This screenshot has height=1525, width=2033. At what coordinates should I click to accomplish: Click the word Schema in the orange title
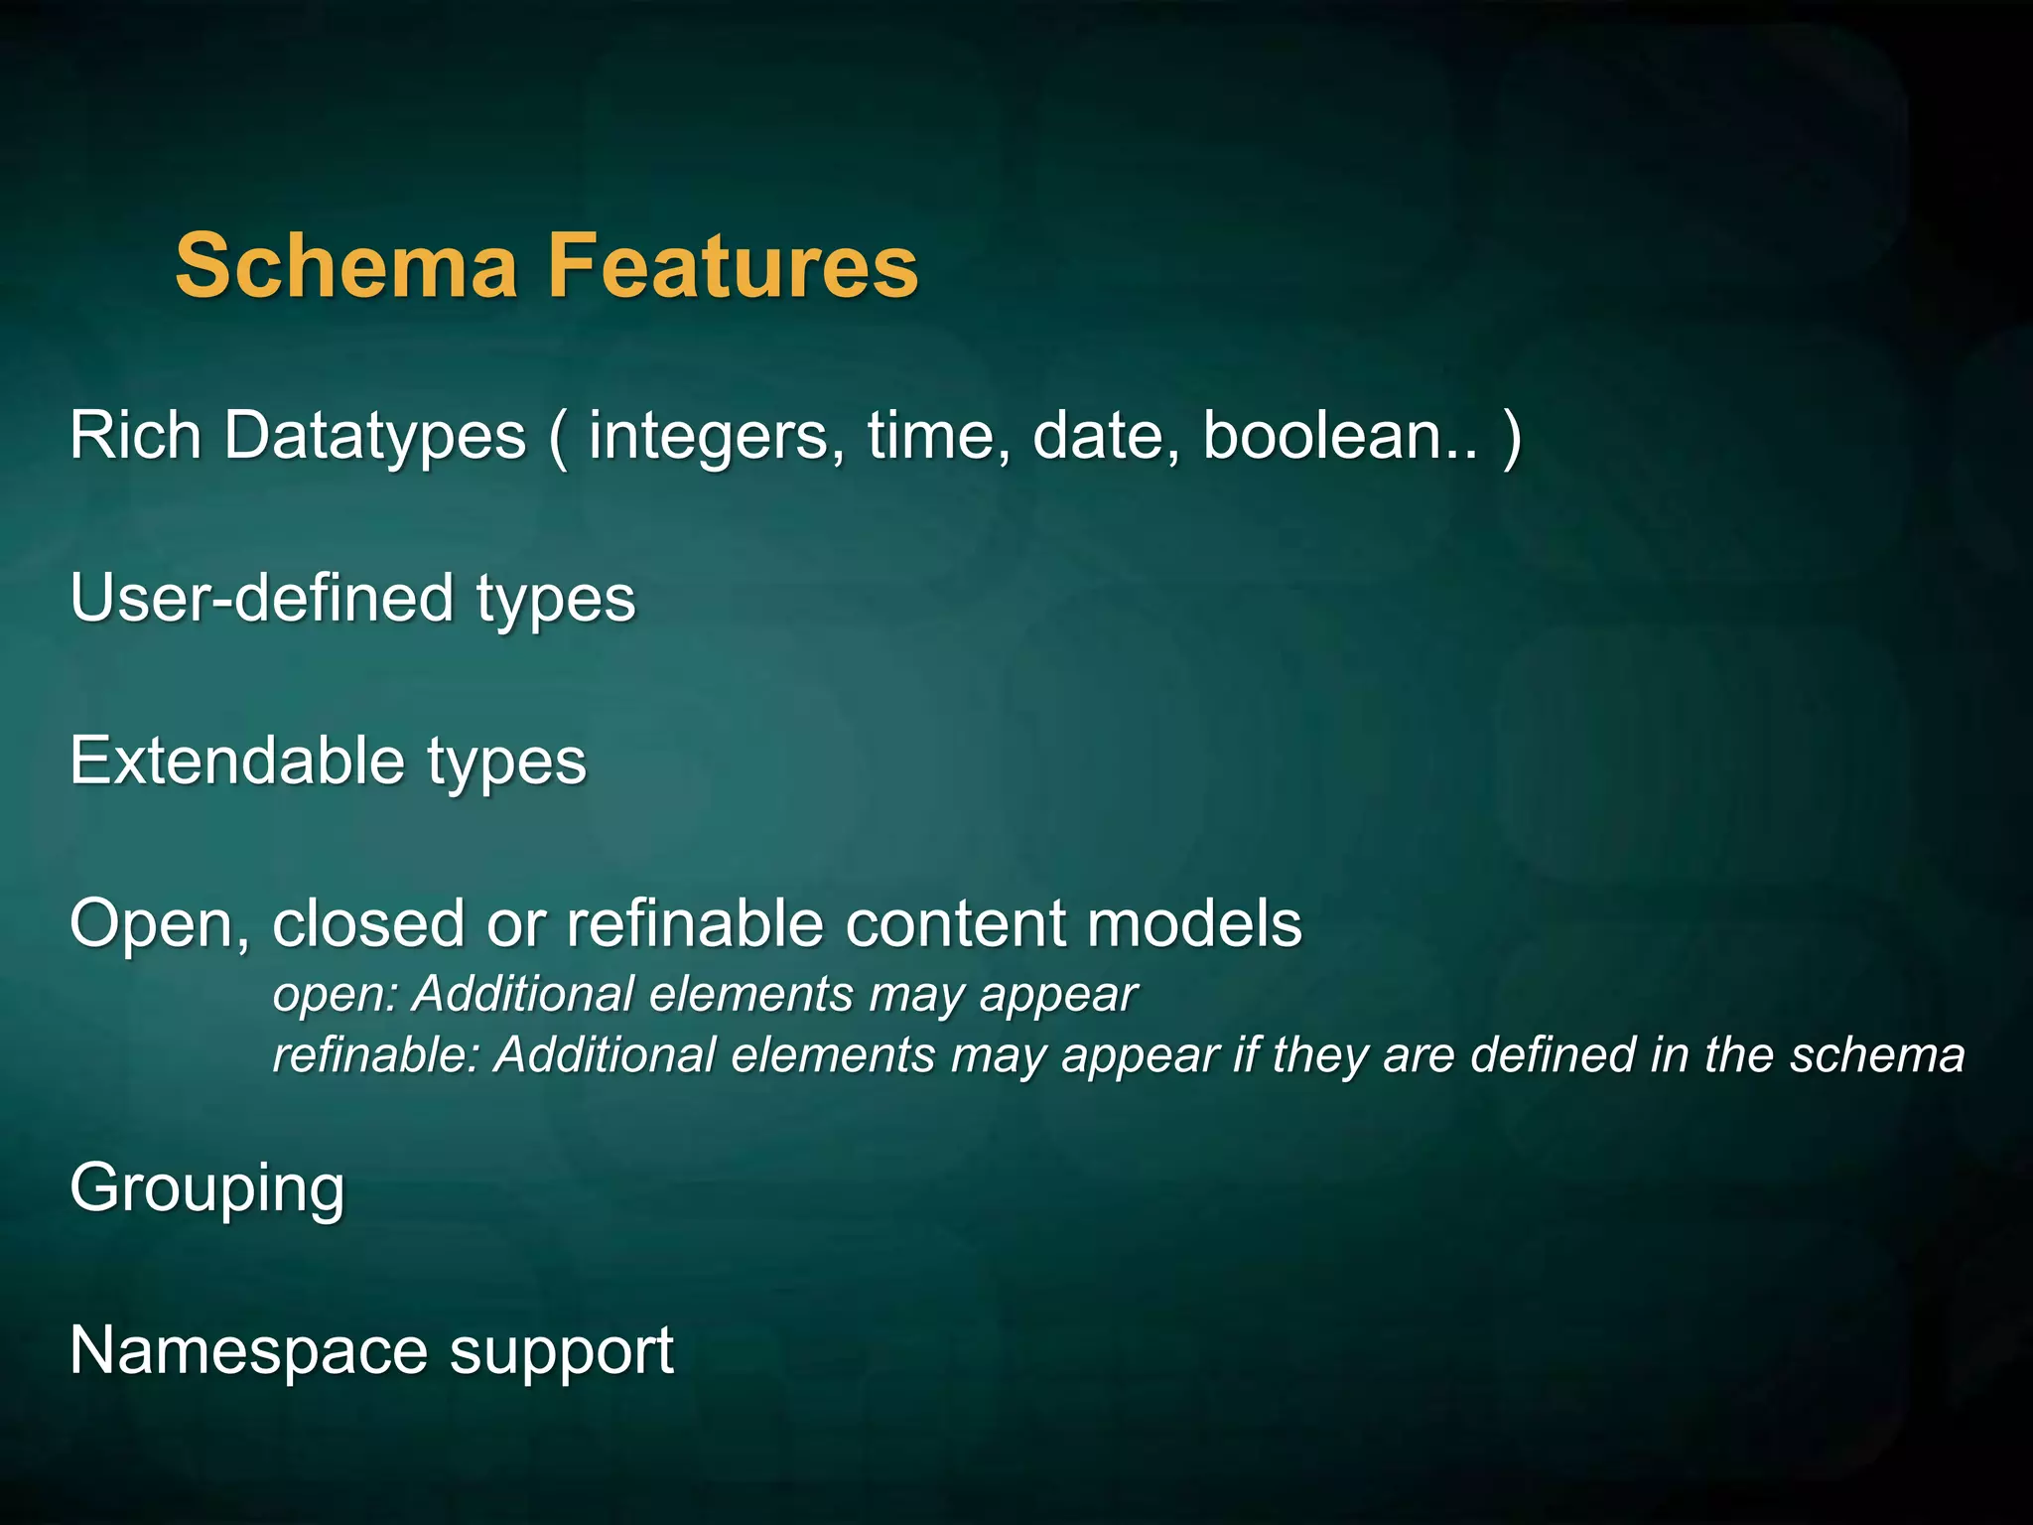(x=346, y=265)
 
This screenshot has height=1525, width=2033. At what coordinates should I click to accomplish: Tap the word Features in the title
(x=734, y=265)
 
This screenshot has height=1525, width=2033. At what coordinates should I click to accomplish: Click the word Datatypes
(x=374, y=437)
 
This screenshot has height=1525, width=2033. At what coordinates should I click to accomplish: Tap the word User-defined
(x=261, y=598)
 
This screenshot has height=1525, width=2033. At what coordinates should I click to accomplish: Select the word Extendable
(x=237, y=761)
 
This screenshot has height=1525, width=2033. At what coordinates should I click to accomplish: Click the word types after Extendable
(x=507, y=762)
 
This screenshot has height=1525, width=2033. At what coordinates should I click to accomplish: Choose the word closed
(x=367, y=923)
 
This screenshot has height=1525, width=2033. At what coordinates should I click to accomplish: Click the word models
(x=1194, y=923)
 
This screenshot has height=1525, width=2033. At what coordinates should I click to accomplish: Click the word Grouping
(x=207, y=1188)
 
